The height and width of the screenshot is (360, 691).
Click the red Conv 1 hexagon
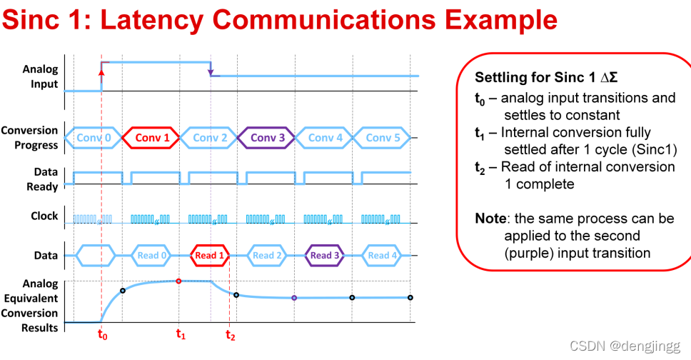tap(152, 138)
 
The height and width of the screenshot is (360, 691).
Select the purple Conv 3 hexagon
tap(266, 138)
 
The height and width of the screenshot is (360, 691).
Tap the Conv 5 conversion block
tap(383, 138)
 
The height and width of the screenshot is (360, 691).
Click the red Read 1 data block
tap(210, 255)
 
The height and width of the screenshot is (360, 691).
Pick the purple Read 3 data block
tap(326, 255)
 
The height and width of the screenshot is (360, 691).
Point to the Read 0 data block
tap(152, 255)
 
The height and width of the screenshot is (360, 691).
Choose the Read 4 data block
tap(383, 255)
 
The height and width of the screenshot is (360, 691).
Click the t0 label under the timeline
tap(101, 334)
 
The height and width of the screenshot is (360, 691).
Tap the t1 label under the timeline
tap(181, 334)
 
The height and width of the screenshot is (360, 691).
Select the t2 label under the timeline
tap(229, 334)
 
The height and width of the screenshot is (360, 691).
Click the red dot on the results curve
tap(178, 281)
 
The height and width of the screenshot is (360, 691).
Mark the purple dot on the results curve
tap(294, 298)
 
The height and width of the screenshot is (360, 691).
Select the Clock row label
tap(44, 216)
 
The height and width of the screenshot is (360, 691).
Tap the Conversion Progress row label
tap(29, 138)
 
